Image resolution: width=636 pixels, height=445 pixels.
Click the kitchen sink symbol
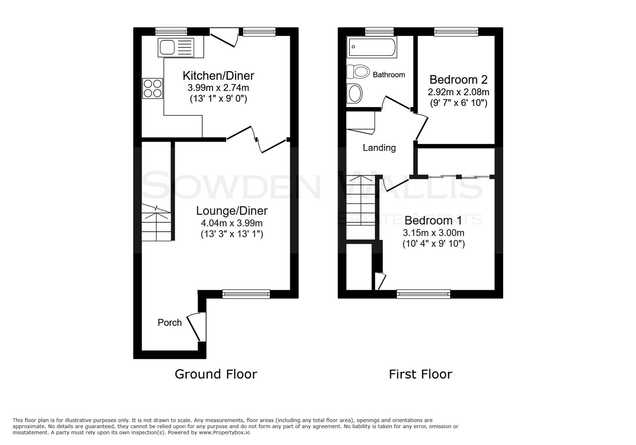180,47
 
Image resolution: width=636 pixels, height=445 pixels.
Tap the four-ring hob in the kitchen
152,89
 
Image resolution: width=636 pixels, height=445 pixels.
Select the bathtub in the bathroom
372,47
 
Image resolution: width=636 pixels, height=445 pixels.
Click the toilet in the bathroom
358,72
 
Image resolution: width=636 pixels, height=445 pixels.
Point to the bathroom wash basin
355,94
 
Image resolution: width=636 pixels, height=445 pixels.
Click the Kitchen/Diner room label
218,76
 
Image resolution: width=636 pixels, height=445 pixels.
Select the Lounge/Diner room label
231,211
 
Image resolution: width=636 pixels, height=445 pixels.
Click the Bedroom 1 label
433,220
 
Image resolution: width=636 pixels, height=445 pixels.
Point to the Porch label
170,323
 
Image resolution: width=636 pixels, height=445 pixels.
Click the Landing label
379,148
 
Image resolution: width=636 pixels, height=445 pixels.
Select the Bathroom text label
389,75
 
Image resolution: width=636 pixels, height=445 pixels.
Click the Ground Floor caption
216,374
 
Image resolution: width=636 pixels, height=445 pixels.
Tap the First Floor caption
420,374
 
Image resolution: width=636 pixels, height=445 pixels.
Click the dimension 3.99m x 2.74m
218,88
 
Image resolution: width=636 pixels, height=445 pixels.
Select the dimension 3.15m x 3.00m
433,233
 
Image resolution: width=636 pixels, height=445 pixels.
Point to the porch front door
196,327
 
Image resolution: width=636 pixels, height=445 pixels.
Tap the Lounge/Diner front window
246,294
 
